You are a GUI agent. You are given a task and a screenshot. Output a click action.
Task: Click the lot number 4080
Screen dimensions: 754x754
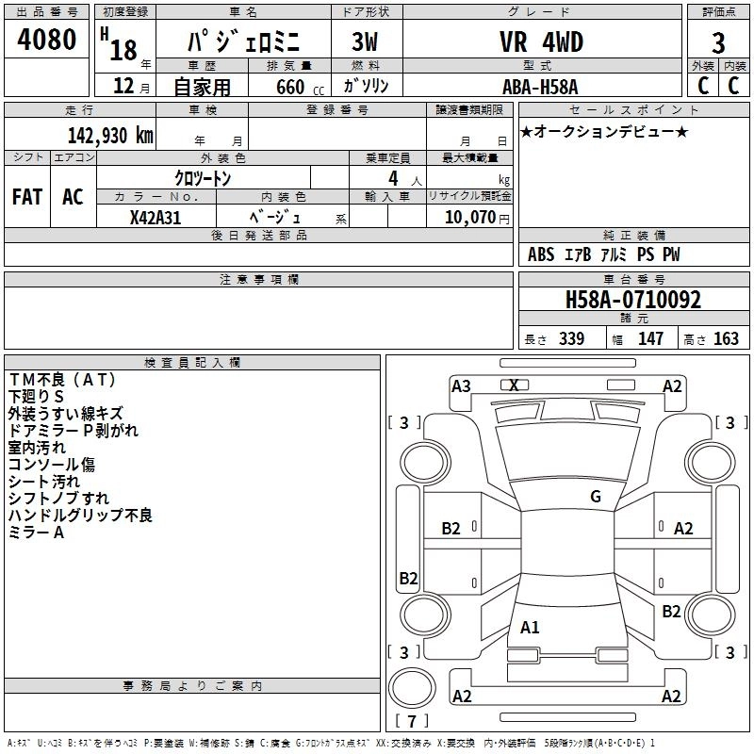point(47,41)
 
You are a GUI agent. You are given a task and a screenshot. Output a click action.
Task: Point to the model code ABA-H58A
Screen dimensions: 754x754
point(541,86)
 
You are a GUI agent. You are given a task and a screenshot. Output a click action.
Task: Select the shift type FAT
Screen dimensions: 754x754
point(26,196)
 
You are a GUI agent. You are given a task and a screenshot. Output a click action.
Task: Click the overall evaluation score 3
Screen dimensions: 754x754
point(718,42)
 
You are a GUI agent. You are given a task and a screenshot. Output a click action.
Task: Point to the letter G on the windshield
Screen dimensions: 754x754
point(596,497)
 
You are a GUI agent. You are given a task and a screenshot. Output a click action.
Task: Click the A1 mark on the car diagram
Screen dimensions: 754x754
point(530,628)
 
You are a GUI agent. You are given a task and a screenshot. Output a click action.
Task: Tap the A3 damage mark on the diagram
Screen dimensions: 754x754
point(461,385)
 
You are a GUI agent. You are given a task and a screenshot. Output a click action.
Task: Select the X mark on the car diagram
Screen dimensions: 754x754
point(514,385)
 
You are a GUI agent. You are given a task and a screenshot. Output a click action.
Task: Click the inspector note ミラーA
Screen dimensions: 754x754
point(36,533)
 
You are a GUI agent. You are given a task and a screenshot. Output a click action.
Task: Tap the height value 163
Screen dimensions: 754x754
point(726,339)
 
